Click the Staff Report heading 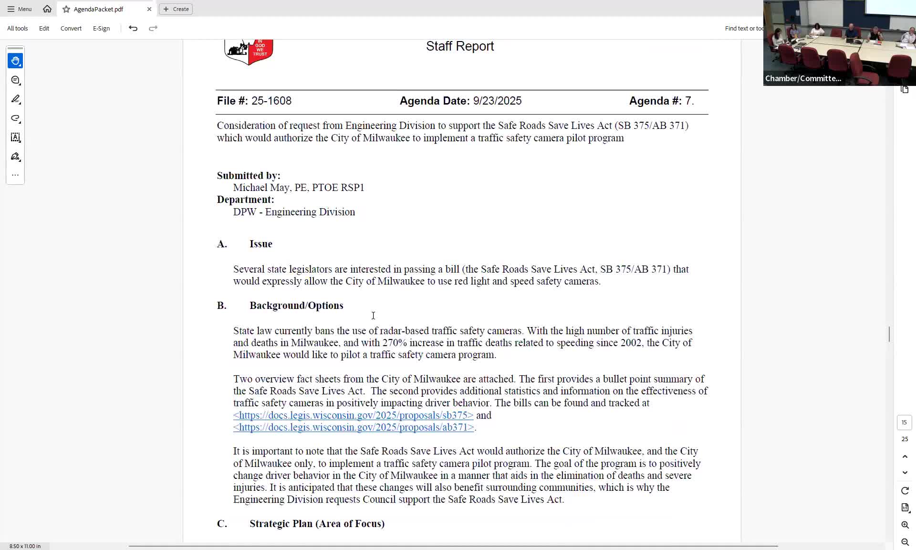pos(459,46)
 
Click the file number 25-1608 pos(271,101)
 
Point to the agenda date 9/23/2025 pos(497,101)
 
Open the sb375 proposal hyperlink pos(353,415)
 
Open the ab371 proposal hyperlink pos(354,427)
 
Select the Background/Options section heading pos(296,306)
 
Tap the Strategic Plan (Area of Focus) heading pos(317,524)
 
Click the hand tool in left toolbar pos(15,61)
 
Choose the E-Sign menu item pos(101,29)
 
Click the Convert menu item pos(71,29)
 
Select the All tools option pos(17,29)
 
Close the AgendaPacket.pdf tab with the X pos(149,9)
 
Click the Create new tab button pos(176,9)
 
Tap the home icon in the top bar pos(47,9)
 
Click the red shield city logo pos(249,52)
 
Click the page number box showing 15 pos(904,423)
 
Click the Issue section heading pos(260,244)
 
